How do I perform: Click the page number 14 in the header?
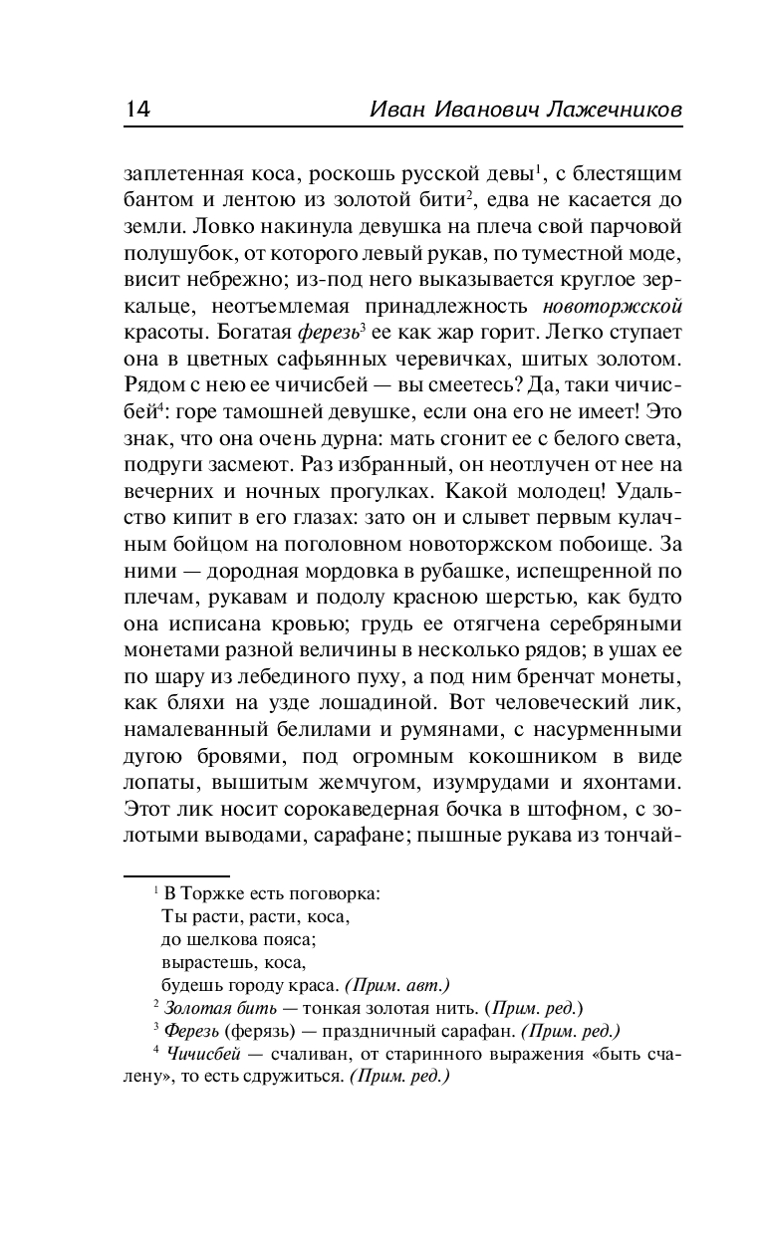(x=137, y=110)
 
